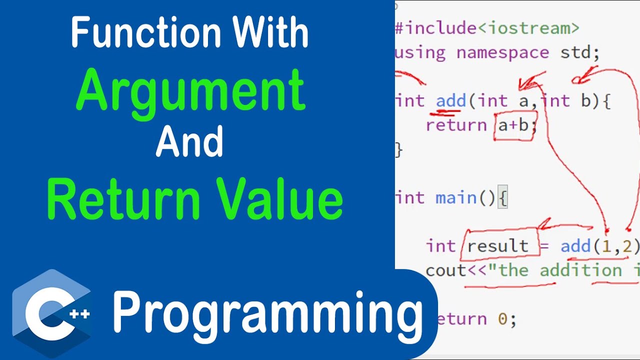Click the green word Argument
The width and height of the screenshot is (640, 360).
point(190,90)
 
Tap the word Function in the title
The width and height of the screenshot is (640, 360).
point(146,33)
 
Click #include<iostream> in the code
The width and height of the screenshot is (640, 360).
point(487,28)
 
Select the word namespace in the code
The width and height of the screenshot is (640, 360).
point(503,52)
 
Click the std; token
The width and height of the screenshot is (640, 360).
point(579,52)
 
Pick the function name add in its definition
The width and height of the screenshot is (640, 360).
point(451,101)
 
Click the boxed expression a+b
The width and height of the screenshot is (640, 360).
point(514,125)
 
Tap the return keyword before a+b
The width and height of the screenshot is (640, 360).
point(456,125)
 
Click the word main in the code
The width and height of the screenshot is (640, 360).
point(456,198)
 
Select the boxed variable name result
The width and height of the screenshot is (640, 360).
point(497,246)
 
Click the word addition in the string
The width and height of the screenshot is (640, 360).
point(580,270)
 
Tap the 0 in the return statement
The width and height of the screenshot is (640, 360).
point(502,319)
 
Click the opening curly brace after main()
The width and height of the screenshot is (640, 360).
point(503,198)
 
